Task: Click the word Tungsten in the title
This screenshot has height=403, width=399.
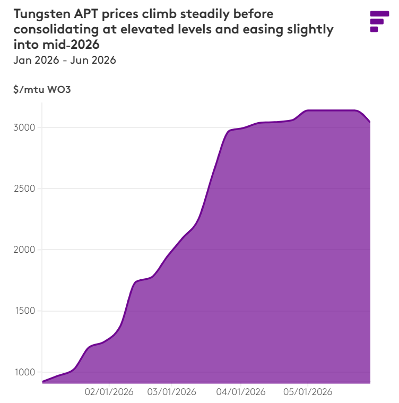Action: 42,14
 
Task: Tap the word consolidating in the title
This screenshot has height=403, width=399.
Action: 56,29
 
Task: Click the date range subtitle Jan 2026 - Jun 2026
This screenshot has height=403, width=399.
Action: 65,60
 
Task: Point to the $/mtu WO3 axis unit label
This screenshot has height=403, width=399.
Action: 42,89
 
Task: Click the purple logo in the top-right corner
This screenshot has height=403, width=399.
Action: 379,21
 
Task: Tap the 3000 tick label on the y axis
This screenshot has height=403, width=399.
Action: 24,127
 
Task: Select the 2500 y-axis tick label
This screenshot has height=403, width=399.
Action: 24,188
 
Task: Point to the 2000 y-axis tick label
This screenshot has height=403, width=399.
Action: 24,250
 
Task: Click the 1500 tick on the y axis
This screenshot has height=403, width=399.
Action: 25,311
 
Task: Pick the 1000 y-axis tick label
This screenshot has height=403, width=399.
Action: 25,372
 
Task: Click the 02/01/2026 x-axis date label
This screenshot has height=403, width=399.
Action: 109,392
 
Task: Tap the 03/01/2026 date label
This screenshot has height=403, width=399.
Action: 171,392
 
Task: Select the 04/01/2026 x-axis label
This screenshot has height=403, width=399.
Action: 241,392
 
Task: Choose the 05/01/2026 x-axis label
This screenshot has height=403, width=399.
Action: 308,392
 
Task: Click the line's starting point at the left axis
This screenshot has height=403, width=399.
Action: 42,382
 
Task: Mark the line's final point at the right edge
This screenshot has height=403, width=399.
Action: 370,122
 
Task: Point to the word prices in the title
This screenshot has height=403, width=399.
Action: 120,14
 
